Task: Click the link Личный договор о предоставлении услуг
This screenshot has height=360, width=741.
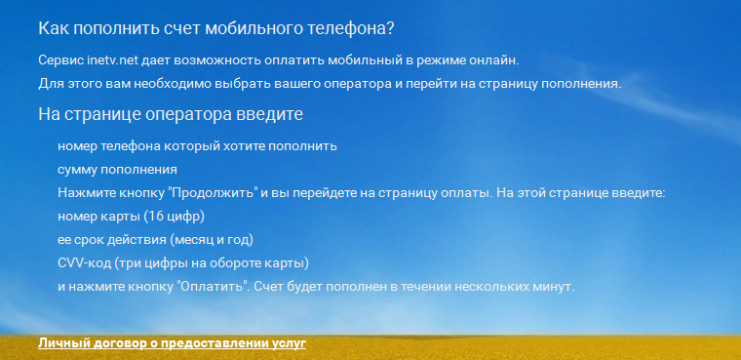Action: click(x=173, y=343)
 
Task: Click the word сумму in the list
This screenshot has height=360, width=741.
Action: click(x=78, y=170)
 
